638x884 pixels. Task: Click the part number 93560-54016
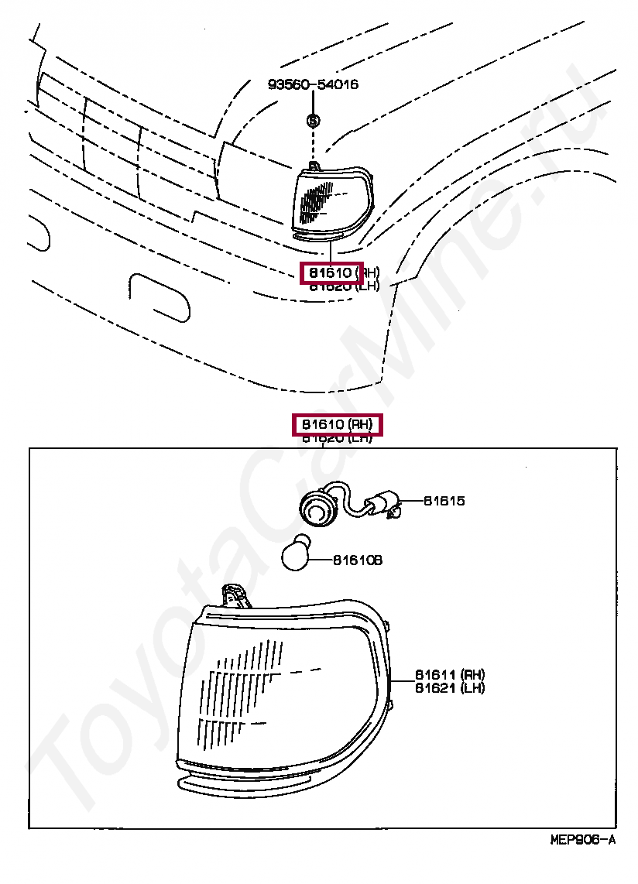pos(313,84)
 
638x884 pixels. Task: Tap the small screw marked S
pos(313,121)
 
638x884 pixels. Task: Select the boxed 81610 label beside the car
pos(331,273)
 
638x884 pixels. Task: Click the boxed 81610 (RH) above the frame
pos(338,425)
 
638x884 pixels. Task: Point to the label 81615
pos(444,501)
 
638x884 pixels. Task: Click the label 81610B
pos(358,560)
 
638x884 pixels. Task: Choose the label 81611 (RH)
pos(449,674)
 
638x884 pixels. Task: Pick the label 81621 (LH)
pos(449,688)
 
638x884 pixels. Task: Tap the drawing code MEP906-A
pos(582,841)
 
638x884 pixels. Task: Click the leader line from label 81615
pos(412,502)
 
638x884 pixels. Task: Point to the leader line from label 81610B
pos(321,560)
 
